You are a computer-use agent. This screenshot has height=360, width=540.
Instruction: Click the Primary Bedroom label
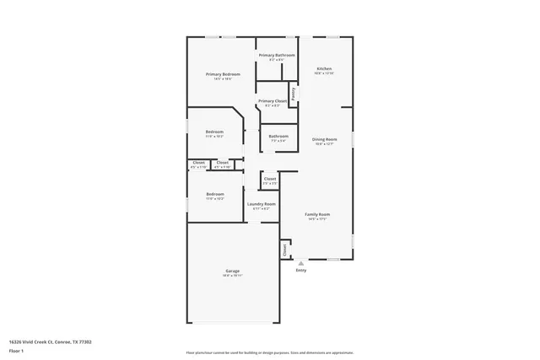coord(224,74)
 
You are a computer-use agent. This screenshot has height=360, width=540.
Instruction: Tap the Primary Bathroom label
coord(276,55)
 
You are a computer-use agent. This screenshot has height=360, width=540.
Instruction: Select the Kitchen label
coord(324,68)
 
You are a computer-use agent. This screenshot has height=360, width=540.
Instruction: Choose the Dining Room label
coord(325,139)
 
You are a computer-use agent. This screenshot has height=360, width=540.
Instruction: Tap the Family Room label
coord(317,214)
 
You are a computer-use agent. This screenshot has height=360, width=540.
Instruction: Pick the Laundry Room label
coord(262,204)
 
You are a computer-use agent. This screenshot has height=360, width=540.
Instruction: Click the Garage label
coord(232,271)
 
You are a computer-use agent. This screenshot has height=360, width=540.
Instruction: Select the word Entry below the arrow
coord(301,271)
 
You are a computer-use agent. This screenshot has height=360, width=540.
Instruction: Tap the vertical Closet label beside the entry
coord(285,250)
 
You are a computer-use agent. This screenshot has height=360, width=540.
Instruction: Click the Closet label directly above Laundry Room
coord(269,178)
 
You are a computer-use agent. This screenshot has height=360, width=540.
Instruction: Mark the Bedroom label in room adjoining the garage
coord(214,194)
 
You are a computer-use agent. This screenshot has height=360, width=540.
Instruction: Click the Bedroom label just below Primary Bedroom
coord(214,132)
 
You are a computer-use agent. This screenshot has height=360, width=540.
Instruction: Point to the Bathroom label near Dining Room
coord(278,136)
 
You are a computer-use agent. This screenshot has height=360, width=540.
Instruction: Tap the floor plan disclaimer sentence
coord(270,352)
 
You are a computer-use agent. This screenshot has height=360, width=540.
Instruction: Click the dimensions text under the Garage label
coord(232,276)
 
